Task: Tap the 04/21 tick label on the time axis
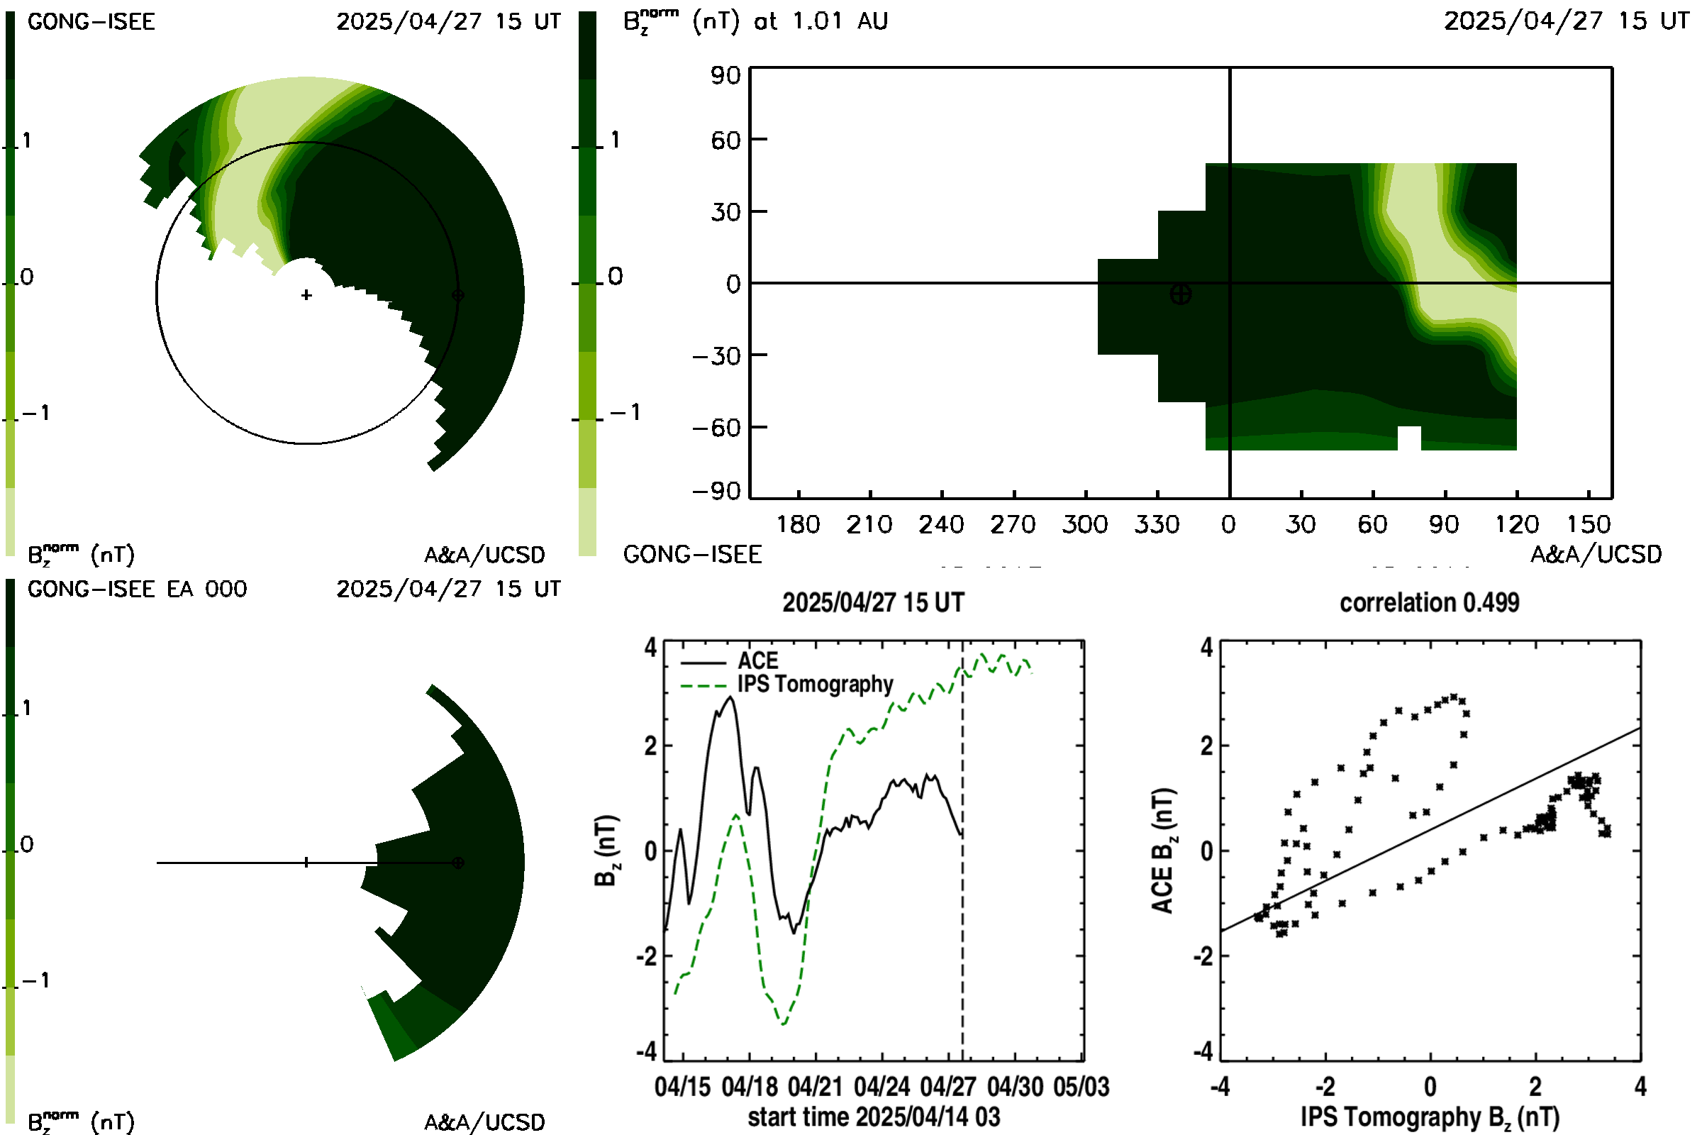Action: click(815, 1087)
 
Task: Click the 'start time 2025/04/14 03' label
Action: click(874, 1117)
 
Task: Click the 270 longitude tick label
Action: click(1013, 524)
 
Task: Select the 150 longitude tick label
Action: click(1589, 524)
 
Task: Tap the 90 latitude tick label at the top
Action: click(725, 75)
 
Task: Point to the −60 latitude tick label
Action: click(716, 428)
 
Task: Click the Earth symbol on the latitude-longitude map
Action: click(1180, 294)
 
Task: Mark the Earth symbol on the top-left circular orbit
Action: click(457, 294)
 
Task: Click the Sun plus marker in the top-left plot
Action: click(307, 294)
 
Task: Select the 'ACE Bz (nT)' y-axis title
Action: click(1162, 851)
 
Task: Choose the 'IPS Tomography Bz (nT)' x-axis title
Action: click(1430, 1117)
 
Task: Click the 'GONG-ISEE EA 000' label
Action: click(137, 589)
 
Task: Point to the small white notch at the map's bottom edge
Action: click(1409, 438)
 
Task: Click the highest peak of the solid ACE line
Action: click(731, 697)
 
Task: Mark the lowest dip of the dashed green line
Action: click(784, 1024)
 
